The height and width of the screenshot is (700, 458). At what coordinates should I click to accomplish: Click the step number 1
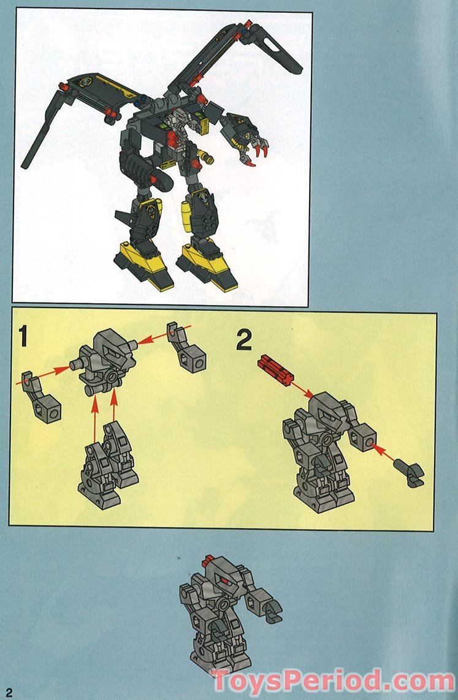point(23,338)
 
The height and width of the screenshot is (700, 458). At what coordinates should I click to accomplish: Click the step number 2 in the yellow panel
point(244,339)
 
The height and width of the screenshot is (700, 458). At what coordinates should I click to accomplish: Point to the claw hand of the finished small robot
point(268,608)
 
